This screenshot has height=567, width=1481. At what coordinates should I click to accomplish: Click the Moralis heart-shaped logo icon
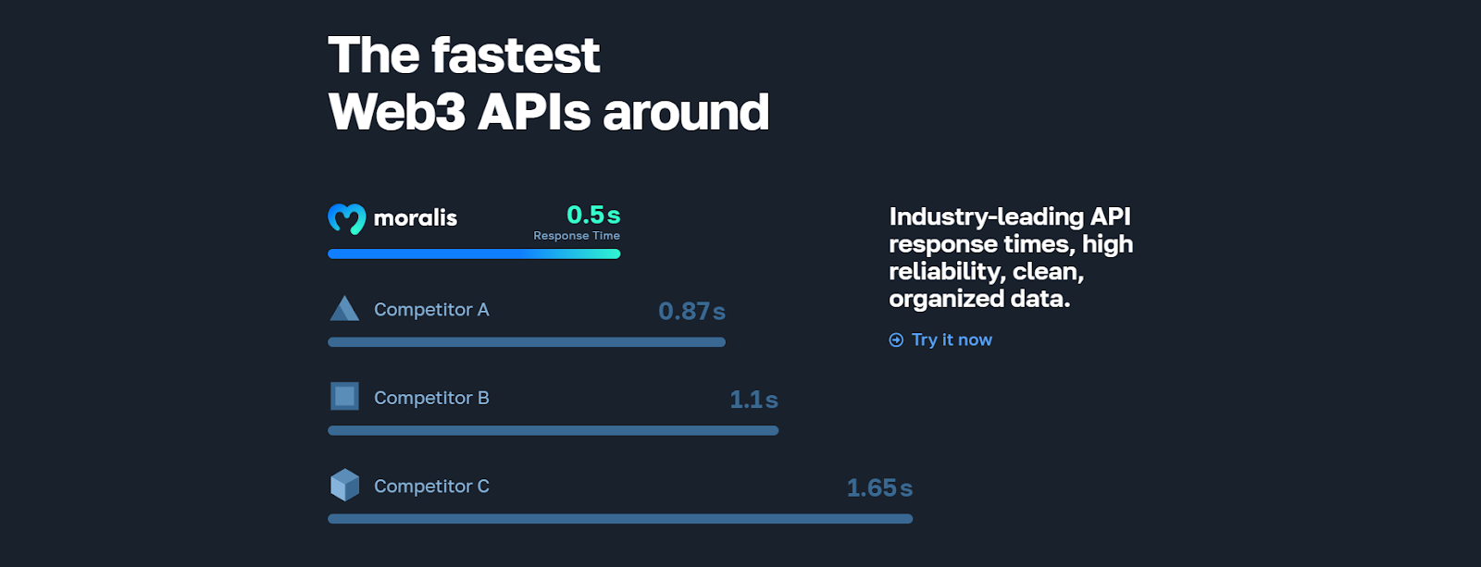coord(346,218)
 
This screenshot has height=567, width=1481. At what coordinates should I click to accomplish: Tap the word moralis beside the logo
coord(416,218)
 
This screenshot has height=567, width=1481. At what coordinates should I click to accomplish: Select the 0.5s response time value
coord(593,215)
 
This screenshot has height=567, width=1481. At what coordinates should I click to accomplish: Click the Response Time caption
coord(577,236)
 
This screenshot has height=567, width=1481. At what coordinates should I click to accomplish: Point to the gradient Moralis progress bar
coord(474,253)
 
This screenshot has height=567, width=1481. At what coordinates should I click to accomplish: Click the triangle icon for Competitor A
coord(344,309)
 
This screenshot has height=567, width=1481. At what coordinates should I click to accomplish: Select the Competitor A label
coord(431,310)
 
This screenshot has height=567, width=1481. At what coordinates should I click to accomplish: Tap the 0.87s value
coord(691,312)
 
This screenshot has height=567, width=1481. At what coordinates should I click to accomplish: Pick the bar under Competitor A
coord(527,342)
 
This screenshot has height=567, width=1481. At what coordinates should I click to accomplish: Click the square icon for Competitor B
coord(344,397)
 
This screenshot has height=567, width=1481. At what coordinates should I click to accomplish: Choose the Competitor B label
coord(431,398)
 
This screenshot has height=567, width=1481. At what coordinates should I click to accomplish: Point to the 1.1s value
coord(753,400)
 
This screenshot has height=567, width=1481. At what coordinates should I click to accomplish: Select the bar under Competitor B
coord(553,430)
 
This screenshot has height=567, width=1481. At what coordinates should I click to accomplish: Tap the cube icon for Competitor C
coord(344,485)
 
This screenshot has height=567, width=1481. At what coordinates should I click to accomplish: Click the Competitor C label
coord(431,487)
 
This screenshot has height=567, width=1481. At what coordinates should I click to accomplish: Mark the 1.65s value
coord(879,488)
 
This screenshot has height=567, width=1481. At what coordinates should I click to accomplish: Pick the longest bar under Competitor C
coord(620,519)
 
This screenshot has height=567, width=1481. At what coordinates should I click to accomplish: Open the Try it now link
coord(952,340)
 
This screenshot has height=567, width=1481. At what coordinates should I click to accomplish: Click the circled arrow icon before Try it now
coord(896,340)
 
